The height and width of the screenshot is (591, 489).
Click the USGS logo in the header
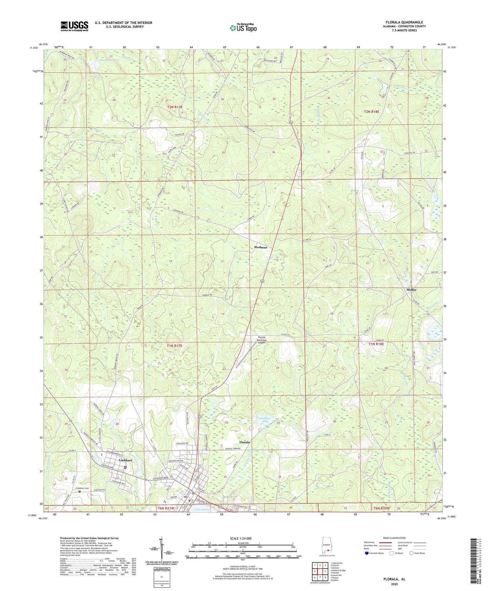pyautogui.click(x=74, y=26)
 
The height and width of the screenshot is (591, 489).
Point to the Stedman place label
pyautogui.click(x=261, y=247)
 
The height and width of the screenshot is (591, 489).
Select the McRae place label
pyautogui.click(x=411, y=290)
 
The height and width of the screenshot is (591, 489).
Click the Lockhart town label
pyautogui.click(x=125, y=461)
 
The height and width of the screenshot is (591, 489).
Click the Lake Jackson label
pyautogui.click(x=202, y=509)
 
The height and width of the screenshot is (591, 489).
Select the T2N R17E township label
pyautogui.click(x=175, y=107)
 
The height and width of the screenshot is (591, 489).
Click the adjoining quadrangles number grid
pyautogui.click(x=320, y=572)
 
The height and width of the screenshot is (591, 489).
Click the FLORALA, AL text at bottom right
pyautogui.click(x=394, y=579)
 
